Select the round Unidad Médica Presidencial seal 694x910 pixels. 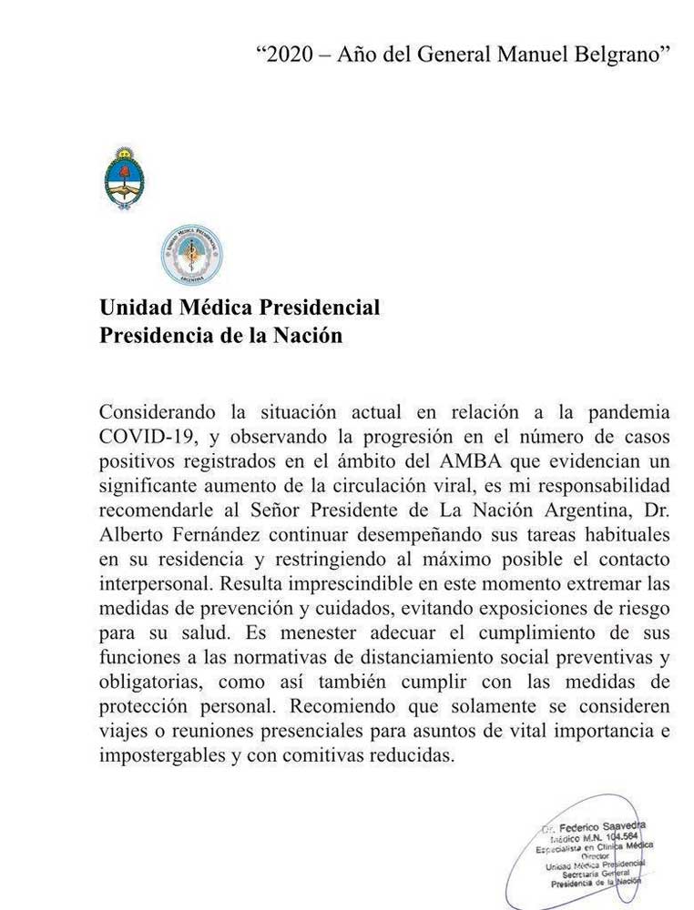pos(191,255)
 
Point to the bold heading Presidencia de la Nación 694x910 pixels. pos(221,335)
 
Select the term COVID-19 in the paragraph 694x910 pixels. pos(142,433)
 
